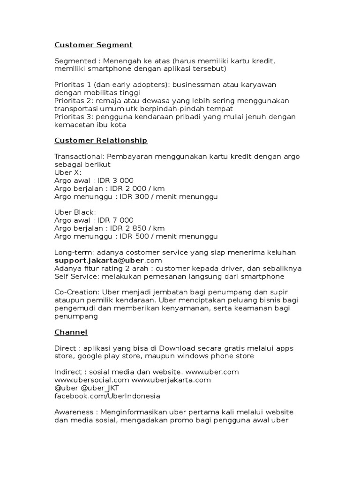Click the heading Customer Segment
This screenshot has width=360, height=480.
click(x=93, y=45)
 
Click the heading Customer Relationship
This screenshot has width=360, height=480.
click(x=101, y=140)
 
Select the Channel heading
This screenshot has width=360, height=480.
click(x=71, y=332)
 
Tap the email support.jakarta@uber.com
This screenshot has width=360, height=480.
click(x=108, y=260)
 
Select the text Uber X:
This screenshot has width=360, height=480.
click(x=67, y=172)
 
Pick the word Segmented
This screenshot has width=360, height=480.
click(x=75, y=61)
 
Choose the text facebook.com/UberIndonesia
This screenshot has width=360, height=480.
click(x=107, y=396)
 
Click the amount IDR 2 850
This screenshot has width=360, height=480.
click(x=126, y=228)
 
